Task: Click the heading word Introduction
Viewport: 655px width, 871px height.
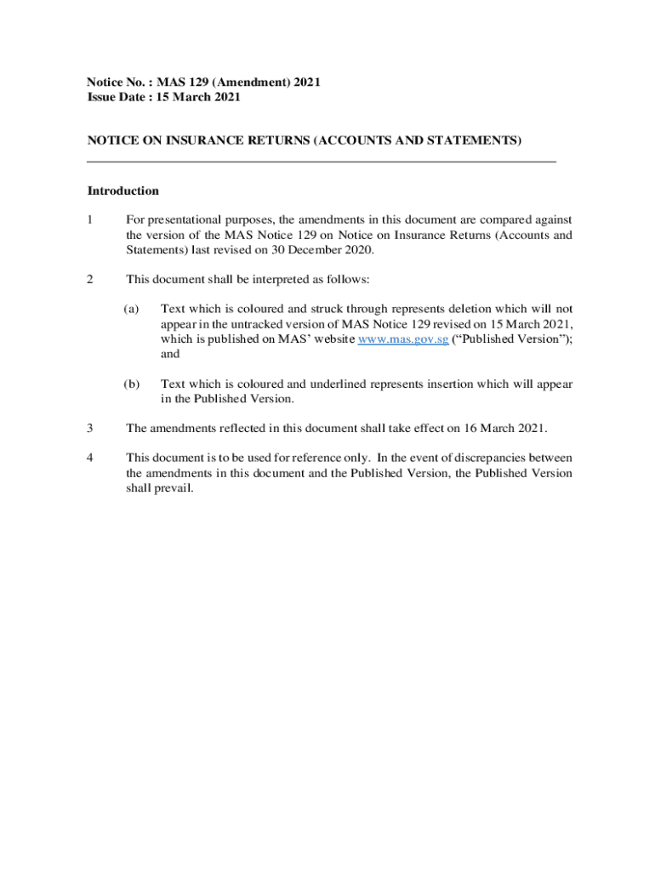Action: [x=122, y=191]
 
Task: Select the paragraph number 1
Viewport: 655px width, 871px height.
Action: [x=90, y=219]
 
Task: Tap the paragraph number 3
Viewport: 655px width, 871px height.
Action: [x=90, y=427]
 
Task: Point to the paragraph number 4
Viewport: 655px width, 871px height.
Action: [x=90, y=458]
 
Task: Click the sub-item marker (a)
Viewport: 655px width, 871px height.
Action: [x=132, y=309]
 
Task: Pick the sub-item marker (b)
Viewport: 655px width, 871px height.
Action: [x=132, y=384]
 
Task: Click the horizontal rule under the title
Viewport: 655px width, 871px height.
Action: [x=322, y=161]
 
